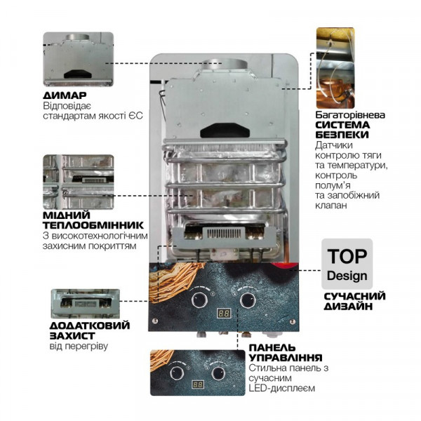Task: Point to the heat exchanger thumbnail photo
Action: tap(77, 181)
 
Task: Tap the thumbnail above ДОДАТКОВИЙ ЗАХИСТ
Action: tap(84, 302)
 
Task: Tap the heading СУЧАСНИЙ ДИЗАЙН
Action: tap(351, 300)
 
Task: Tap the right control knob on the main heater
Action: tap(246, 300)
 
